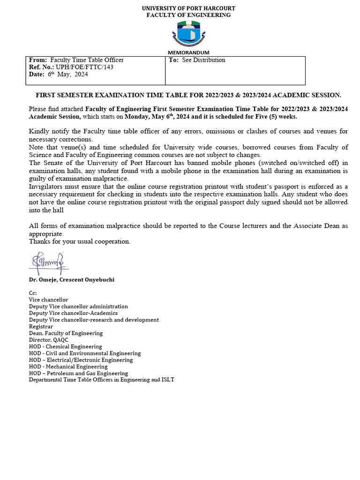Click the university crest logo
pos(188,34)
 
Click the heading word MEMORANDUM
pos(188,52)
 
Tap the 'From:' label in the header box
pos(38,60)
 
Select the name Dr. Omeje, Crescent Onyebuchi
pos(71,279)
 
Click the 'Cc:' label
pos(33,293)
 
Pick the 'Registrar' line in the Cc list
pos(41,326)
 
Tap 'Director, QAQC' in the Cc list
pos(48,340)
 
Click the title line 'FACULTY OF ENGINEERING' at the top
pos(188,15)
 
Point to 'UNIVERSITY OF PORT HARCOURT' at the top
pos(188,8)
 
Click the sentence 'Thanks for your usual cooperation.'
pos(80,241)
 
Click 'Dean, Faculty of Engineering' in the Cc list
pos(66,333)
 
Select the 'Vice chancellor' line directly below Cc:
pos(48,300)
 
